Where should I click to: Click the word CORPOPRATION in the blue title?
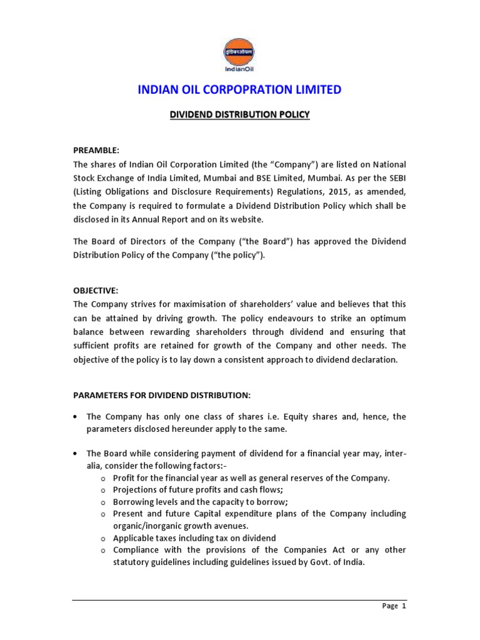coord(239,90)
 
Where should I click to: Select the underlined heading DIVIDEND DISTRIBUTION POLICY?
coord(240,115)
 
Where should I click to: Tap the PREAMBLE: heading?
coord(96,151)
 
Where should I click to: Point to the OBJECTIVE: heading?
coord(96,291)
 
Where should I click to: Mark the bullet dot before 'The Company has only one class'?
coord(76,417)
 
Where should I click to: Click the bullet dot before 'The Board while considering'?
coord(76,453)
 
